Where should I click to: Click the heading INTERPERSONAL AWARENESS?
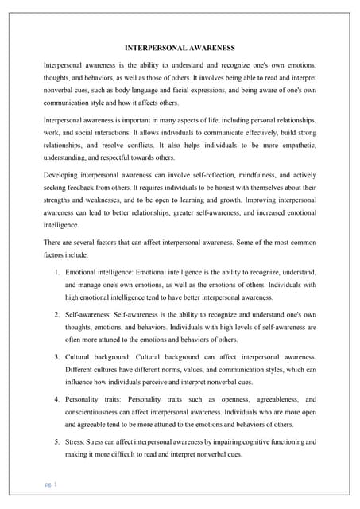pyautogui.click(x=180, y=48)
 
